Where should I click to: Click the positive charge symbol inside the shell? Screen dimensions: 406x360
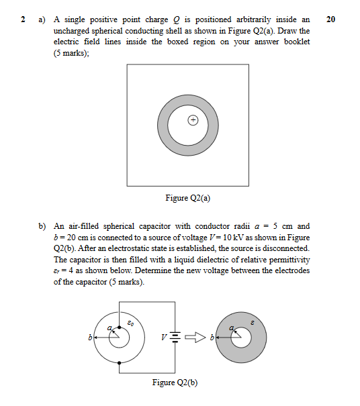click(x=193, y=121)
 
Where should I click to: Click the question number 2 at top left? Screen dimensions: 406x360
click(x=23, y=19)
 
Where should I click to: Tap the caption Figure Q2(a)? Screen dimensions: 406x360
click(x=183, y=198)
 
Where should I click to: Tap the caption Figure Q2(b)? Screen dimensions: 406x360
click(x=175, y=383)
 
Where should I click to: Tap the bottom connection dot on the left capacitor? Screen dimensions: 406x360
click(x=119, y=363)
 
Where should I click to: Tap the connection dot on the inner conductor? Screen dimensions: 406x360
click(x=119, y=327)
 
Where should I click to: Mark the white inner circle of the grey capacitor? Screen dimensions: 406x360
click(x=240, y=338)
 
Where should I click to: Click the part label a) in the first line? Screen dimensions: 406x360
click(x=42, y=19)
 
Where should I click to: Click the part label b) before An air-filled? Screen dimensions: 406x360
click(x=42, y=226)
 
